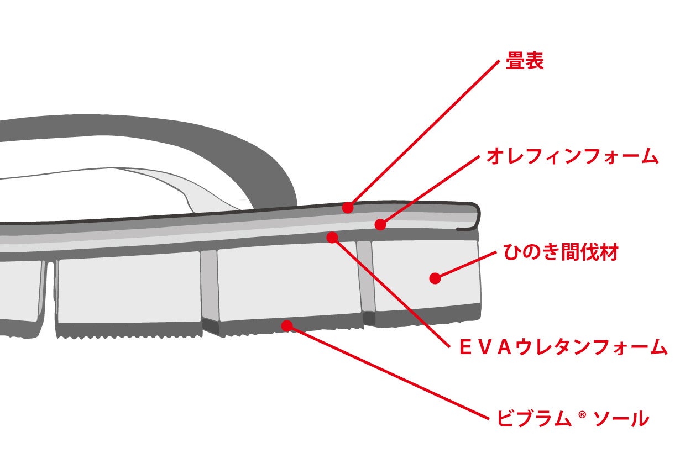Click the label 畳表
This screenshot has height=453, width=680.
tap(525, 61)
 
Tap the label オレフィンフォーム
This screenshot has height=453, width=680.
tap(572, 157)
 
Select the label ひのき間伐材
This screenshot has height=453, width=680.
tap(560, 253)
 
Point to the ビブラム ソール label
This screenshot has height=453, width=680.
tap(572, 419)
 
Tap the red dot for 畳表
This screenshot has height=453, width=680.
tap(347, 208)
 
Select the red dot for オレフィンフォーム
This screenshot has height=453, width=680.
tap(380, 225)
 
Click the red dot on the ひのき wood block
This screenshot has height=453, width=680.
tap(435, 278)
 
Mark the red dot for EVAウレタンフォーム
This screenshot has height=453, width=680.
tap(332, 237)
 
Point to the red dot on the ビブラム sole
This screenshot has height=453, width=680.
tap(286, 325)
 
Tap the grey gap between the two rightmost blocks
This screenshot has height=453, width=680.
tap(366, 276)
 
